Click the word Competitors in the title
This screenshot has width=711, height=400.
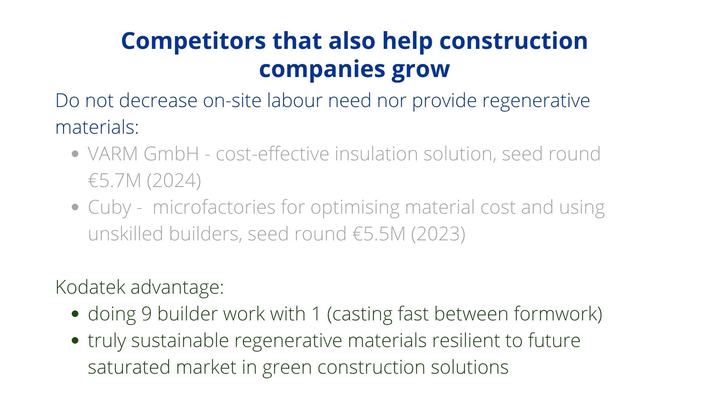193,41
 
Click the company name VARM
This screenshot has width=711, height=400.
113,154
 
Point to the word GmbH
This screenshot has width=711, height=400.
171,154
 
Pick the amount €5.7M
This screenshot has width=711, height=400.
115,181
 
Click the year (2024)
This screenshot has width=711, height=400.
174,181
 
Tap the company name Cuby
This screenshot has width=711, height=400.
110,207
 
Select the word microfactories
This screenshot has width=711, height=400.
214,207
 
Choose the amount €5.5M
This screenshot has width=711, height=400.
379,234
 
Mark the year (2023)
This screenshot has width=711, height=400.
438,234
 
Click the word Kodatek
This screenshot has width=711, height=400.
90,287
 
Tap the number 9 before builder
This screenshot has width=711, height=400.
147,314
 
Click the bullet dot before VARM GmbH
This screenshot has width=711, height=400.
75,154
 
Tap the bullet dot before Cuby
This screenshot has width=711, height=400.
75,207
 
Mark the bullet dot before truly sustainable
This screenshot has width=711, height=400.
75,341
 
